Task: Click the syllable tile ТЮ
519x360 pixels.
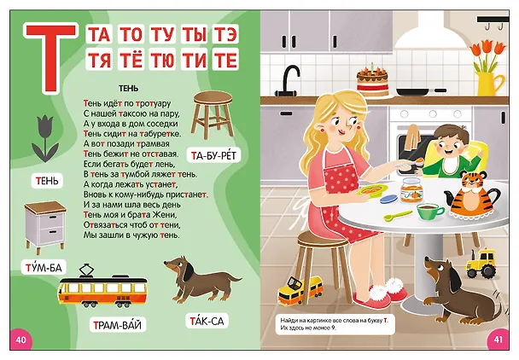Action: (x=162, y=59)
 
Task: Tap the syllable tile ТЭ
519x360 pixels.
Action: (x=225, y=33)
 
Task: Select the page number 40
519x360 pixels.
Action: (x=20, y=340)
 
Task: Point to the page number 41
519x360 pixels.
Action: (x=499, y=340)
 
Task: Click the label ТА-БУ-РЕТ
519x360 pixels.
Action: (x=213, y=155)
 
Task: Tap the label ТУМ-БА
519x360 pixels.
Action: (x=44, y=267)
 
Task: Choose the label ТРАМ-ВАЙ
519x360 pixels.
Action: (x=118, y=325)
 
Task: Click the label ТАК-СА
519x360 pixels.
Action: (x=207, y=321)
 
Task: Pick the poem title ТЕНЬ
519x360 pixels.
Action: (x=128, y=89)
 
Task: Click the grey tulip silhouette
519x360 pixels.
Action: (x=45, y=138)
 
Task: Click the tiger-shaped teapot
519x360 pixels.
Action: (x=472, y=196)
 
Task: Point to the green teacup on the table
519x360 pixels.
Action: (x=429, y=211)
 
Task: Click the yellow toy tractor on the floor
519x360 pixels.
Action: (x=481, y=263)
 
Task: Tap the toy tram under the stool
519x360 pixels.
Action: (x=300, y=290)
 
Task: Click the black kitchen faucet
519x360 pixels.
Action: (x=289, y=79)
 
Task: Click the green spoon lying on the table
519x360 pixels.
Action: (x=398, y=216)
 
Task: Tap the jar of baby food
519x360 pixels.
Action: (x=411, y=190)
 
